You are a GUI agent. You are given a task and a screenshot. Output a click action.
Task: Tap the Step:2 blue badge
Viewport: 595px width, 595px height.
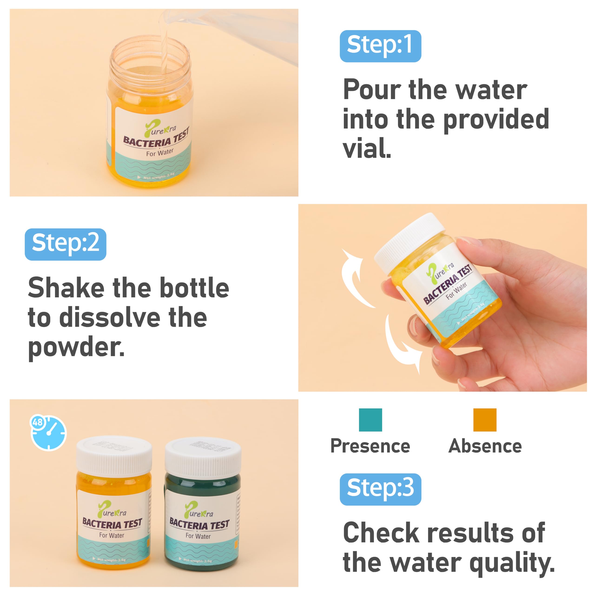(65, 244)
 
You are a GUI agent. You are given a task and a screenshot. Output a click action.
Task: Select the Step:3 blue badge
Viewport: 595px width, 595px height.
(380, 489)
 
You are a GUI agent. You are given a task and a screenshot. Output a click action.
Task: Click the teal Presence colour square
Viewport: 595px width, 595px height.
(370, 420)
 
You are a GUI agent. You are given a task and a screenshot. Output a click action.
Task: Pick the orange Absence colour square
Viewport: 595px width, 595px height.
(485, 420)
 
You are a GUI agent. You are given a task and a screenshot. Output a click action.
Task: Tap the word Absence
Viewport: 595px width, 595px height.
(485, 446)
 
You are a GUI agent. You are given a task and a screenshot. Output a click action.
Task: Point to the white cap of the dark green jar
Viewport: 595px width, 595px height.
(203, 457)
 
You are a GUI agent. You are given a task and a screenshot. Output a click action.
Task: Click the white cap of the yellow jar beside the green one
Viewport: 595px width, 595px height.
(114, 456)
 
